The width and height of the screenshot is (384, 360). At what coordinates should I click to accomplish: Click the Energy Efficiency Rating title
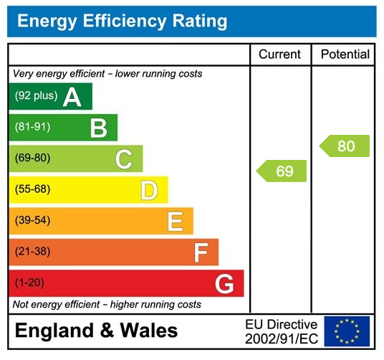pos(122,21)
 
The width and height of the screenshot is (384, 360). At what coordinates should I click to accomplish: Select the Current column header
pos(279,55)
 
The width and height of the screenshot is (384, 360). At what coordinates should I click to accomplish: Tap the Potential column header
pos(345,55)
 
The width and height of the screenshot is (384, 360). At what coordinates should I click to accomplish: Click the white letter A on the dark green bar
pos(72,97)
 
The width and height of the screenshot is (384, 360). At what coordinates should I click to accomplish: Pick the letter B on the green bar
pos(98,128)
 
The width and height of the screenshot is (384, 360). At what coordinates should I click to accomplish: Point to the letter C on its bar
pos(124,159)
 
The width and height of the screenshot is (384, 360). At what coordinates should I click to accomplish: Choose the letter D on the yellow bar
pos(149,190)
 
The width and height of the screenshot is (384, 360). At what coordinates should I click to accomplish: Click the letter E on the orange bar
pos(175,221)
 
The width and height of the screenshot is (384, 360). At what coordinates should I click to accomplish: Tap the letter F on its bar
pos(201,252)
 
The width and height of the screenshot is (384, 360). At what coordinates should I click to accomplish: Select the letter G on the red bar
pos(225,284)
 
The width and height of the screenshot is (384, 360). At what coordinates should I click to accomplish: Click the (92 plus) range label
pos(36,96)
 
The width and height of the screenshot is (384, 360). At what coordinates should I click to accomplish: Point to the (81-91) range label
pos(32,128)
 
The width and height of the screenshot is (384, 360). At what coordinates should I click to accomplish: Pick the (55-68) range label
pos(32,190)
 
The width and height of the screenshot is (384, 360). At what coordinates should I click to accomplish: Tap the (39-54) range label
pos(32,221)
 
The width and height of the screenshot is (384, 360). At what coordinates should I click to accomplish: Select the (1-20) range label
pos(29,283)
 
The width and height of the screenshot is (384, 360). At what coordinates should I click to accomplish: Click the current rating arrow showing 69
pos(282,171)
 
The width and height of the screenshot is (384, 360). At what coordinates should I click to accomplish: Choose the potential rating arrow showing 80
pos(345,146)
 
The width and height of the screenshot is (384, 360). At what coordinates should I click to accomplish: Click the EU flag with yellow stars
pos(347,331)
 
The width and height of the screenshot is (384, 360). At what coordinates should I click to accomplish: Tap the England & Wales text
pos(96,331)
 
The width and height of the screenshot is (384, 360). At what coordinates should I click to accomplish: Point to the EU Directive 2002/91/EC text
pos(281,331)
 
